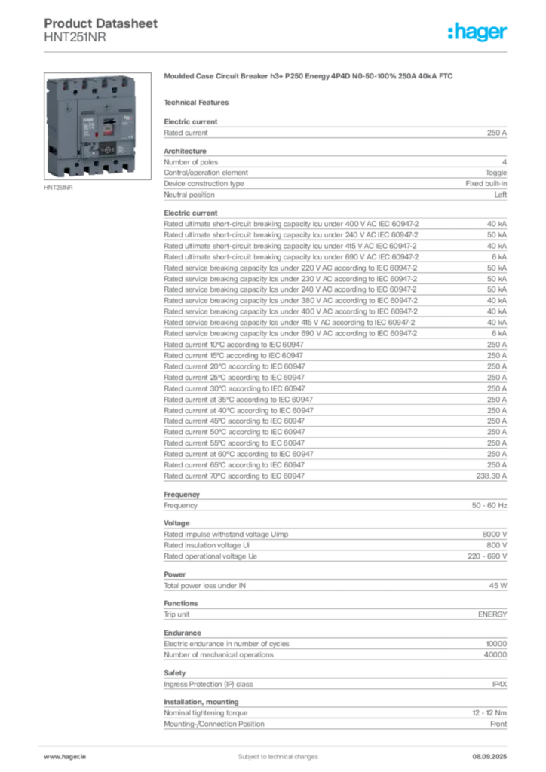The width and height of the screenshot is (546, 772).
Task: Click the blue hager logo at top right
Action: tap(478, 32)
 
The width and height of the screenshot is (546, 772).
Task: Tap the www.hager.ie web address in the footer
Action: tap(63, 756)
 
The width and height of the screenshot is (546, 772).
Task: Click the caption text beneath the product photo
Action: tap(60, 188)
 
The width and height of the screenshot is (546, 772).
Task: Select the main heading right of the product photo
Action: tap(310, 78)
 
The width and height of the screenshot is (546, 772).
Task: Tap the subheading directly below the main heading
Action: tap(199, 102)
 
